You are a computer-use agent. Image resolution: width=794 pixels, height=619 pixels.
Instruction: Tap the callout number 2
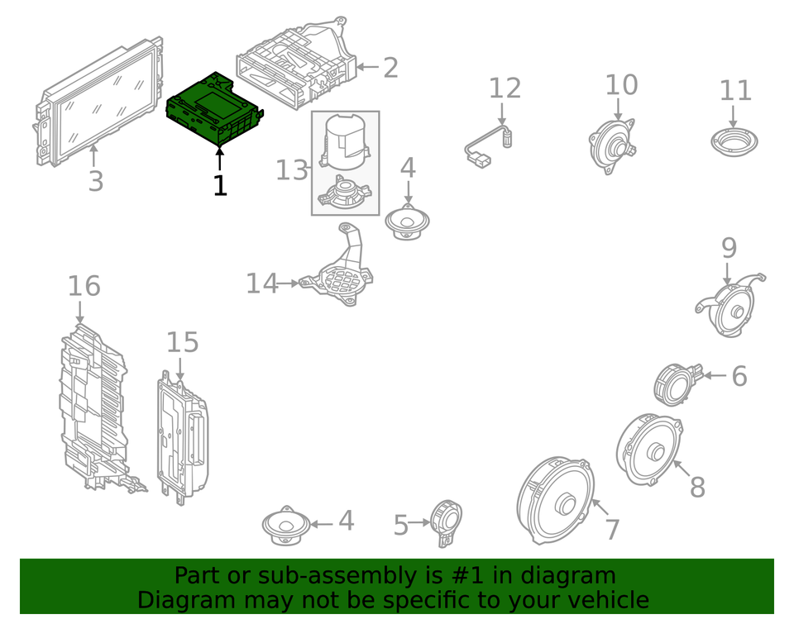[x=390, y=68]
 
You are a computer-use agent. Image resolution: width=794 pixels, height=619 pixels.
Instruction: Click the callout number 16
[x=84, y=286]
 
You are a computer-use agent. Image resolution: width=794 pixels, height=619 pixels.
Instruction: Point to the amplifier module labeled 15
[x=182, y=438]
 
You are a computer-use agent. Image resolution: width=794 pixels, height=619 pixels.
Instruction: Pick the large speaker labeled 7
[x=557, y=500]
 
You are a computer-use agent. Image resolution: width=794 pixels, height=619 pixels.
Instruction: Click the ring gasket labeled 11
[x=734, y=141]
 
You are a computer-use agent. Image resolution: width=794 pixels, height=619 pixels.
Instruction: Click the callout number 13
[x=291, y=170]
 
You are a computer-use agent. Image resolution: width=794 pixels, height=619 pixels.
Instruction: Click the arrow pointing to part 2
[x=367, y=68]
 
